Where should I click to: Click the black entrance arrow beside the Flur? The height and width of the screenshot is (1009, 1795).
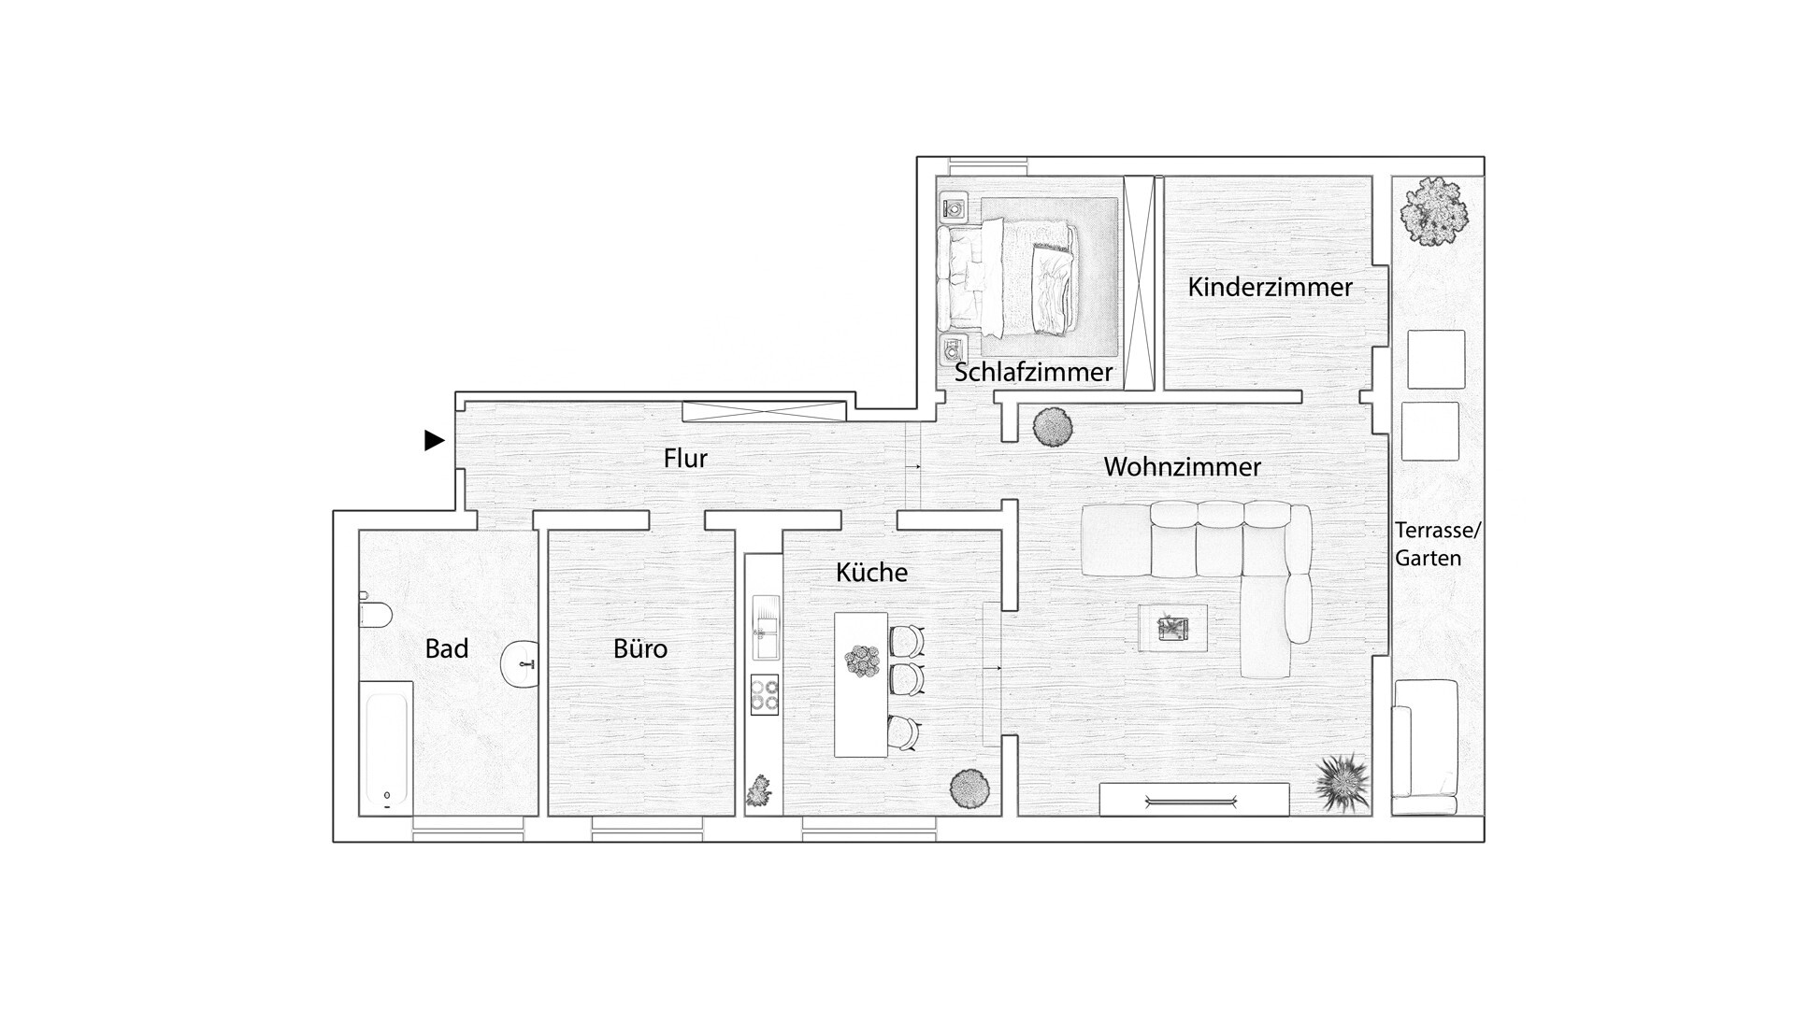pyautogui.click(x=434, y=440)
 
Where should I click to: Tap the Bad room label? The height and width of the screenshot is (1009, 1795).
pyautogui.click(x=447, y=648)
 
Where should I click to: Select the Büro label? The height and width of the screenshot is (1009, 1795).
pyautogui.click(x=640, y=648)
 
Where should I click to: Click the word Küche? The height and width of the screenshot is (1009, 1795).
pyautogui.click(x=871, y=572)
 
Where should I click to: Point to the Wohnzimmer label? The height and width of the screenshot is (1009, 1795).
pyautogui.click(x=1183, y=466)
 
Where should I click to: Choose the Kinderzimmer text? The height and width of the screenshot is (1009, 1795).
pyautogui.click(x=1270, y=287)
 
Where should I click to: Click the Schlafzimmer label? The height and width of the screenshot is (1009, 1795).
pyautogui.click(x=1034, y=372)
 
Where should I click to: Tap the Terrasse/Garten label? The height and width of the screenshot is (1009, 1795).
pyautogui.click(x=1438, y=544)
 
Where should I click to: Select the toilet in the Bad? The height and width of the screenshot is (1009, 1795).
pyautogui.click(x=375, y=614)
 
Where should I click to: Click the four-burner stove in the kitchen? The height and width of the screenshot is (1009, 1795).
pyautogui.click(x=764, y=694)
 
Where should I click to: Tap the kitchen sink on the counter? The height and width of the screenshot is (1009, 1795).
pyautogui.click(x=765, y=627)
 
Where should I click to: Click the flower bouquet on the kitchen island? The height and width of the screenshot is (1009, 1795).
pyautogui.click(x=861, y=661)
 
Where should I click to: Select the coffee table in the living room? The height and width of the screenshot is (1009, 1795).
pyautogui.click(x=1172, y=628)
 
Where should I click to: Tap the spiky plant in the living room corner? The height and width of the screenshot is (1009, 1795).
pyautogui.click(x=1343, y=782)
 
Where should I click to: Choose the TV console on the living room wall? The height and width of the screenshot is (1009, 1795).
pyautogui.click(x=1194, y=800)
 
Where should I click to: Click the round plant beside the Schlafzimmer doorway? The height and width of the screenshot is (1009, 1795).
pyautogui.click(x=1053, y=428)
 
